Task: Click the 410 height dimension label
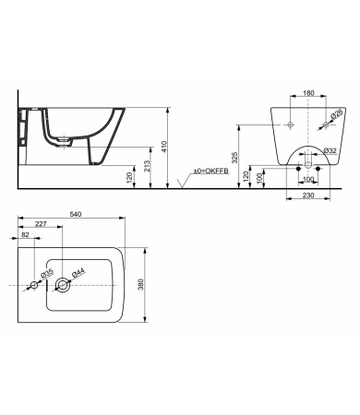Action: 164,147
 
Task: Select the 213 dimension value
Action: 147,166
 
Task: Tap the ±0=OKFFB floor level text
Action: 210,172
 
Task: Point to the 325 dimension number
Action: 235,158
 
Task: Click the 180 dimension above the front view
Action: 308,93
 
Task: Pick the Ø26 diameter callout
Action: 336,113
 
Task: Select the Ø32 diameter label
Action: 330,150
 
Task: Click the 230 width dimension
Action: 308,196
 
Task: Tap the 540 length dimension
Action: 76,214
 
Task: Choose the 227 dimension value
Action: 41,224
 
